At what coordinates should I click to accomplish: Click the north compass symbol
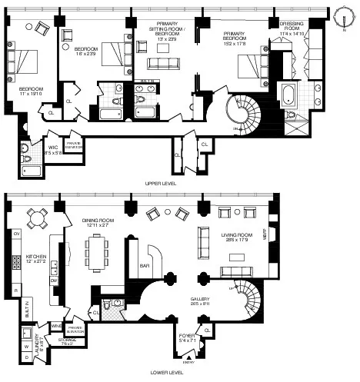click(342, 15)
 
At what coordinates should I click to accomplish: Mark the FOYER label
click(187, 334)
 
